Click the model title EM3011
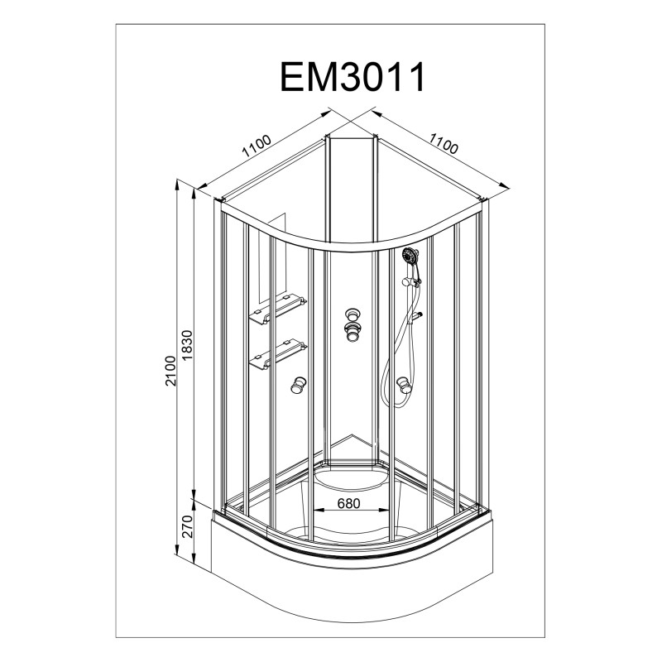(x=353, y=77)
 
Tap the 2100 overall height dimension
(x=170, y=371)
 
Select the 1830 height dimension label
(x=187, y=345)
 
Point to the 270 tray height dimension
(x=187, y=526)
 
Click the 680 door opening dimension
(x=349, y=503)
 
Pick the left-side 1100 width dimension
(x=257, y=146)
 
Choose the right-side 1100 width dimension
(x=444, y=143)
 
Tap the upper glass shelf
(x=278, y=309)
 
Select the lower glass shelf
(x=278, y=354)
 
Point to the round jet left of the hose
(x=404, y=385)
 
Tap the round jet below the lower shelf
(x=299, y=385)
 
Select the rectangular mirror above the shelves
(x=272, y=257)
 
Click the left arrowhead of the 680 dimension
(x=318, y=511)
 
